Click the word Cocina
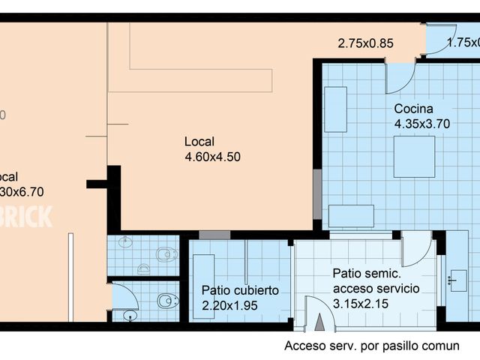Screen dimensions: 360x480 pyautogui.click(x=413, y=109)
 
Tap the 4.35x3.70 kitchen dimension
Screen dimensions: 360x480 pyautogui.click(x=421, y=124)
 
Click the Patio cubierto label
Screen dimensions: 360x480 pyautogui.click(x=240, y=290)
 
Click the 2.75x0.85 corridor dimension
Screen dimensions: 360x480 pyautogui.click(x=365, y=43)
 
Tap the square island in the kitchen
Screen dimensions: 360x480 pyautogui.click(x=414, y=156)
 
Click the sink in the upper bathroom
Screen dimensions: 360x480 pyautogui.click(x=125, y=242)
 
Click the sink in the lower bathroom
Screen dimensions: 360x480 pyautogui.click(x=130, y=316)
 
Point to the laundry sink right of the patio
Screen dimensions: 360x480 pyautogui.click(x=456, y=279)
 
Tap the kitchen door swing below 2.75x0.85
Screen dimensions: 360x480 pyautogui.click(x=400, y=77)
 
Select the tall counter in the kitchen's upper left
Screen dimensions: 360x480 pyautogui.click(x=335, y=109)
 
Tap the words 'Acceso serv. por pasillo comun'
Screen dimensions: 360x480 pyautogui.click(x=371, y=346)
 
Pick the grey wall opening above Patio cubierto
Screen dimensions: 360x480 pyautogui.click(x=214, y=235)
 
